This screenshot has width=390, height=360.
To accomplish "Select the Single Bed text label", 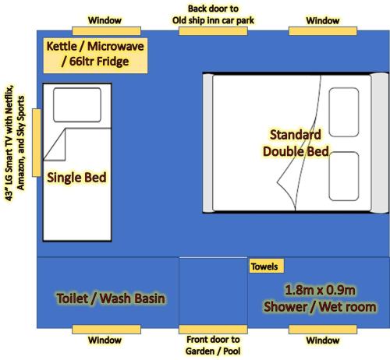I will click(x=76, y=177).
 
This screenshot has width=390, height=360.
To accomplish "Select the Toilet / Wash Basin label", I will click(x=111, y=298).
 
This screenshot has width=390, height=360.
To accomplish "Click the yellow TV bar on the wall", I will click(x=36, y=143).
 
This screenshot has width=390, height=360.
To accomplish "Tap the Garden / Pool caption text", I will click(x=212, y=351).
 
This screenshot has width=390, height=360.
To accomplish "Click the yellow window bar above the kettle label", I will click(x=105, y=30).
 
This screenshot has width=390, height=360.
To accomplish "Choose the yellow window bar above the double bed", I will click(x=322, y=30).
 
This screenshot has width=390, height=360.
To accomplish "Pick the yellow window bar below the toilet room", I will click(x=105, y=330).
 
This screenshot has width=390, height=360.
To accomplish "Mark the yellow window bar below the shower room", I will click(x=322, y=330).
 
